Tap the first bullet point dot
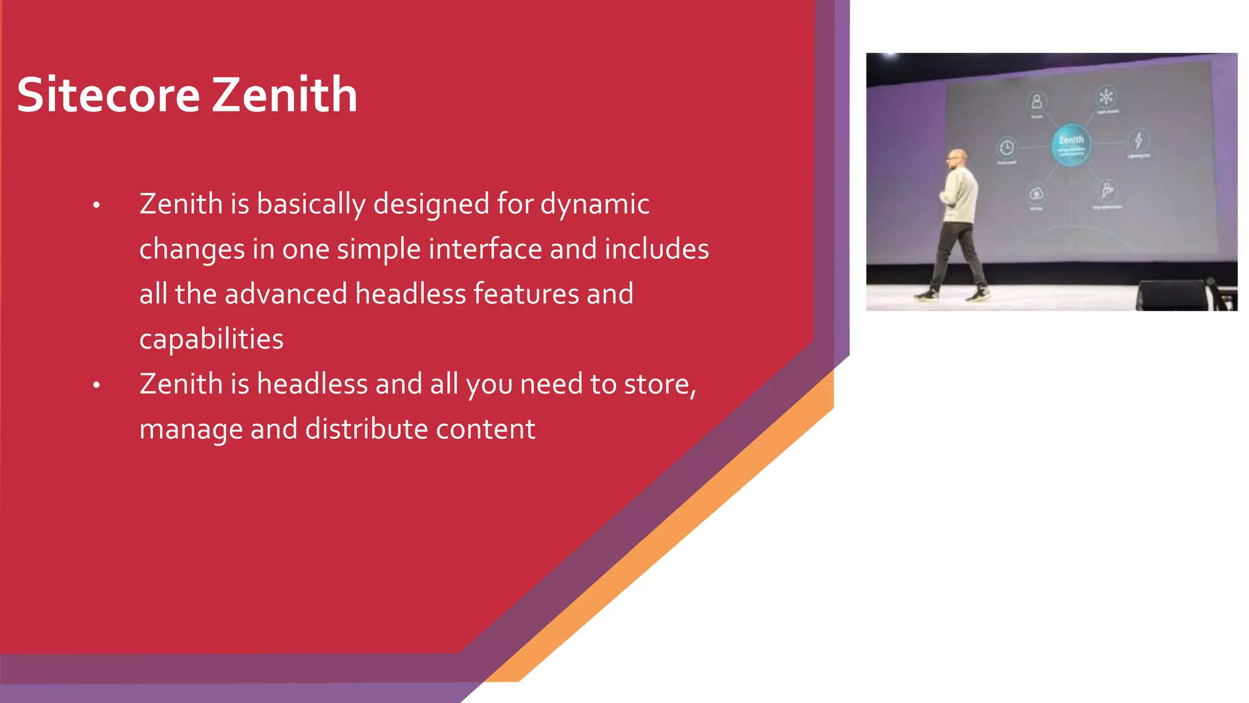click(96, 205)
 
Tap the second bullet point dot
click(96, 385)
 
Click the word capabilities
click(211, 339)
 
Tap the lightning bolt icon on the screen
click(1138, 140)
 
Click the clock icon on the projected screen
click(1006, 147)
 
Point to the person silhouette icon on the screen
click(1036, 101)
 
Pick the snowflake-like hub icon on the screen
click(1106, 96)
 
